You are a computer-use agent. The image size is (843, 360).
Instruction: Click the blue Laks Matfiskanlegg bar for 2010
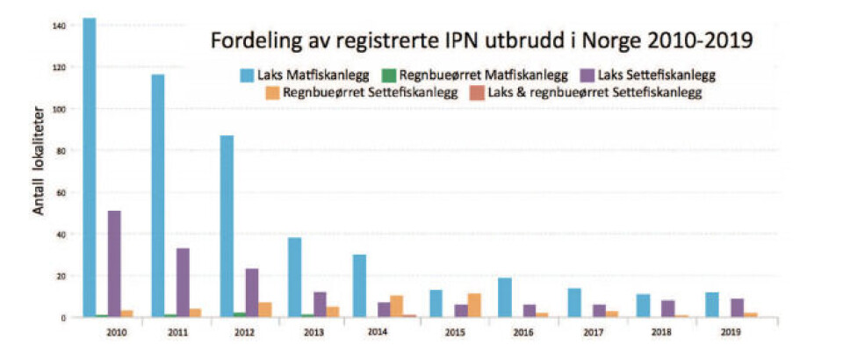(x=89, y=167)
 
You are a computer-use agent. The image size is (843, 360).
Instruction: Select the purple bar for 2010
(x=114, y=263)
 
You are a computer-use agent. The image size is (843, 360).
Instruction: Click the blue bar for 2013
(x=295, y=277)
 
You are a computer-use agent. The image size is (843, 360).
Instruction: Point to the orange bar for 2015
(x=475, y=305)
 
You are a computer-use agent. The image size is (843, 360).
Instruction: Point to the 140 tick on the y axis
(x=59, y=25)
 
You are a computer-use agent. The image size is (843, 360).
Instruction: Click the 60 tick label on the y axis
(x=61, y=191)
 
